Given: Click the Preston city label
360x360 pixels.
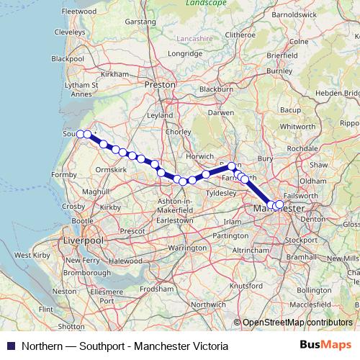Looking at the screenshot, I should pyautogui.click(x=160, y=84).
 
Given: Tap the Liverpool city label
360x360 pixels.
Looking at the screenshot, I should pyautogui.click(x=84, y=239).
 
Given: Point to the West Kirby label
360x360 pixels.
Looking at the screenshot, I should pyautogui.click(x=32, y=256).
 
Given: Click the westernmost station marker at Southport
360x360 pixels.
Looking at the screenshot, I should pyautogui.click(x=81, y=134).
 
